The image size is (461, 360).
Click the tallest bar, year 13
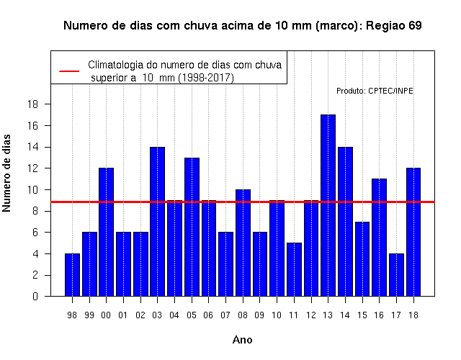pos(328,205)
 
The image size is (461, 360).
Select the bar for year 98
pos(72,275)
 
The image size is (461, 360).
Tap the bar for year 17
pos(396,275)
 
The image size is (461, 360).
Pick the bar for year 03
pos(157,222)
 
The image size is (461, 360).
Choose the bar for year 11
pos(294,269)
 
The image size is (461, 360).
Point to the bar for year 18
pos(413,232)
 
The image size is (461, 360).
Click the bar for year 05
pos(192,227)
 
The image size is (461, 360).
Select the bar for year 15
pos(362,259)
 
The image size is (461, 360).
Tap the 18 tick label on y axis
pos(32,104)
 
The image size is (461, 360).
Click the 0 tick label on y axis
pos(35,296)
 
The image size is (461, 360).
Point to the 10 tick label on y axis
pos(32,190)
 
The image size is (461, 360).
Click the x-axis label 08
pos(243,315)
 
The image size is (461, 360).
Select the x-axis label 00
pos(106,315)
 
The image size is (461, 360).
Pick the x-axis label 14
pos(345,315)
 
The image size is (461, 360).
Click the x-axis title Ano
pos(243,340)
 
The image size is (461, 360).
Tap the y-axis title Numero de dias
pos(6,174)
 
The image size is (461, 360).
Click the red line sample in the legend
pos(69,71)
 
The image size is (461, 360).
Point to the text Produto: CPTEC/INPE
pos(375,91)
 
